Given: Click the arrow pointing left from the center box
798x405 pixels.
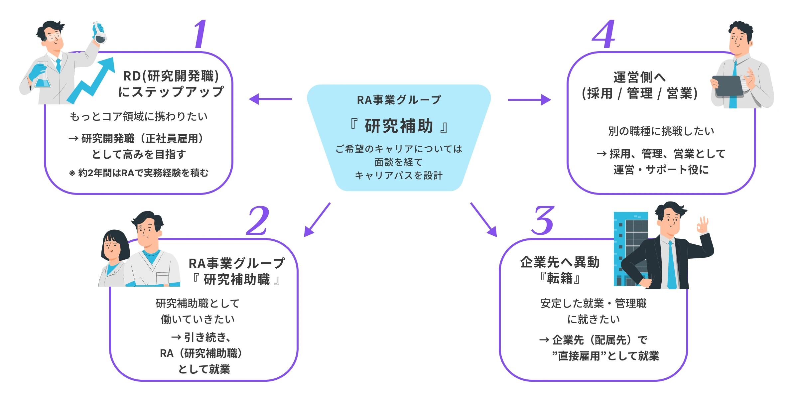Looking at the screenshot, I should (270, 99).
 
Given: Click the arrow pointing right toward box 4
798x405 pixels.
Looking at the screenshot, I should (529, 99).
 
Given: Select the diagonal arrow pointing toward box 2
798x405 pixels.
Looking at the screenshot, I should (317, 220).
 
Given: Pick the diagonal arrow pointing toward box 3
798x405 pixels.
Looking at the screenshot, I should (484, 220).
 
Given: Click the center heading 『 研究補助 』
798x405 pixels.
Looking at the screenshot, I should (399, 126).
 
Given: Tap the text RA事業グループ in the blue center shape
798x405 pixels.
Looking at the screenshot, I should (399, 100).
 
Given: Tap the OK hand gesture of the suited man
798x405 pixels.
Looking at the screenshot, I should (702, 226).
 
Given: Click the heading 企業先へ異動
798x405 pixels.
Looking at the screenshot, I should (560, 262).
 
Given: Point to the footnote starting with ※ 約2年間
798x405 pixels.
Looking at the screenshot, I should (139, 173).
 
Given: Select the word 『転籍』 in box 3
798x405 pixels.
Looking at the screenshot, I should (560, 278).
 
